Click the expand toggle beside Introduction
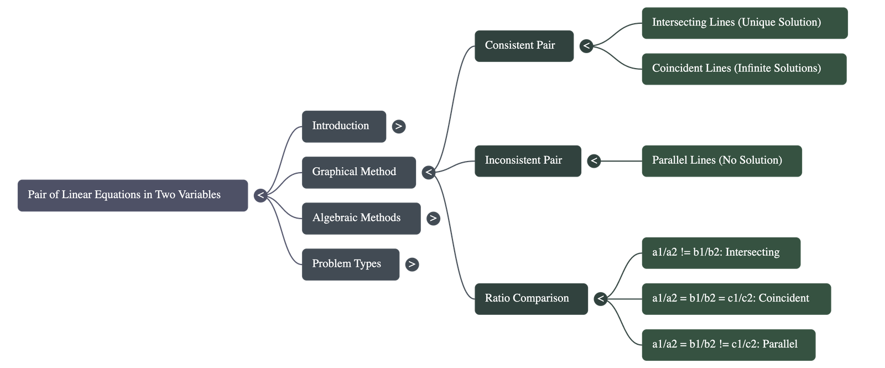pyautogui.click(x=398, y=126)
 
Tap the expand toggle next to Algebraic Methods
pyautogui.click(x=433, y=218)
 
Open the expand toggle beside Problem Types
pyautogui.click(x=412, y=264)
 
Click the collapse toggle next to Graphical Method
pyautogui.click(x=429, y=172)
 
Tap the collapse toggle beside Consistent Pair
pyautogui.click(x=586, y=46)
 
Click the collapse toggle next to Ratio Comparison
pyautogui.click(x=601, y=299)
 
